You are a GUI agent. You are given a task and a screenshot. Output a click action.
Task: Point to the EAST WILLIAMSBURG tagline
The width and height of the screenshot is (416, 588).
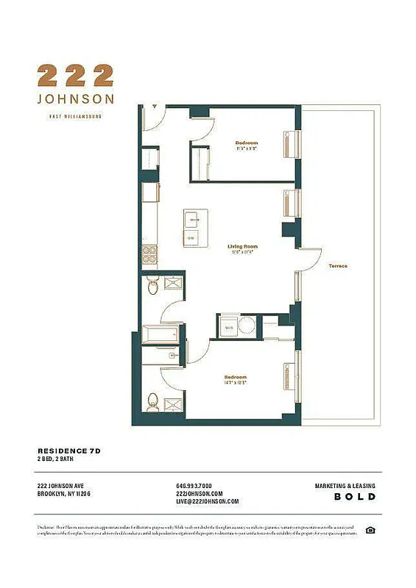point(75,116)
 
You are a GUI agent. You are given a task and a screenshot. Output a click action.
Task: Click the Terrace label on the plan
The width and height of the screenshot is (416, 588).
point(338,265)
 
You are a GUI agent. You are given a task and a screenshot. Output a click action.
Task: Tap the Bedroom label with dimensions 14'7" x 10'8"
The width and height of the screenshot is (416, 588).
point(235,380)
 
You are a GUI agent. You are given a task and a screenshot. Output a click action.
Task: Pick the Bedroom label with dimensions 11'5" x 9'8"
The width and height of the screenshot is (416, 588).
point(247,145)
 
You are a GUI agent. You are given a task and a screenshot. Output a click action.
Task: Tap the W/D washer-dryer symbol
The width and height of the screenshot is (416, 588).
point(229,326)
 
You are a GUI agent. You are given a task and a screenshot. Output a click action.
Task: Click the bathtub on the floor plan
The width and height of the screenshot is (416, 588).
point(161,334)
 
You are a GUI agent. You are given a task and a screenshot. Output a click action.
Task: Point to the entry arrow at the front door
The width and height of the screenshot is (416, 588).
point(153,107)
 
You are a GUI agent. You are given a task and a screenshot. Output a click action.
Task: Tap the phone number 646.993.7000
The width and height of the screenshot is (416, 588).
point(194,486)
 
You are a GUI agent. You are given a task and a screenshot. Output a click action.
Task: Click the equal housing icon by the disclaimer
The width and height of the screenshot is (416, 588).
point(371,530)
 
